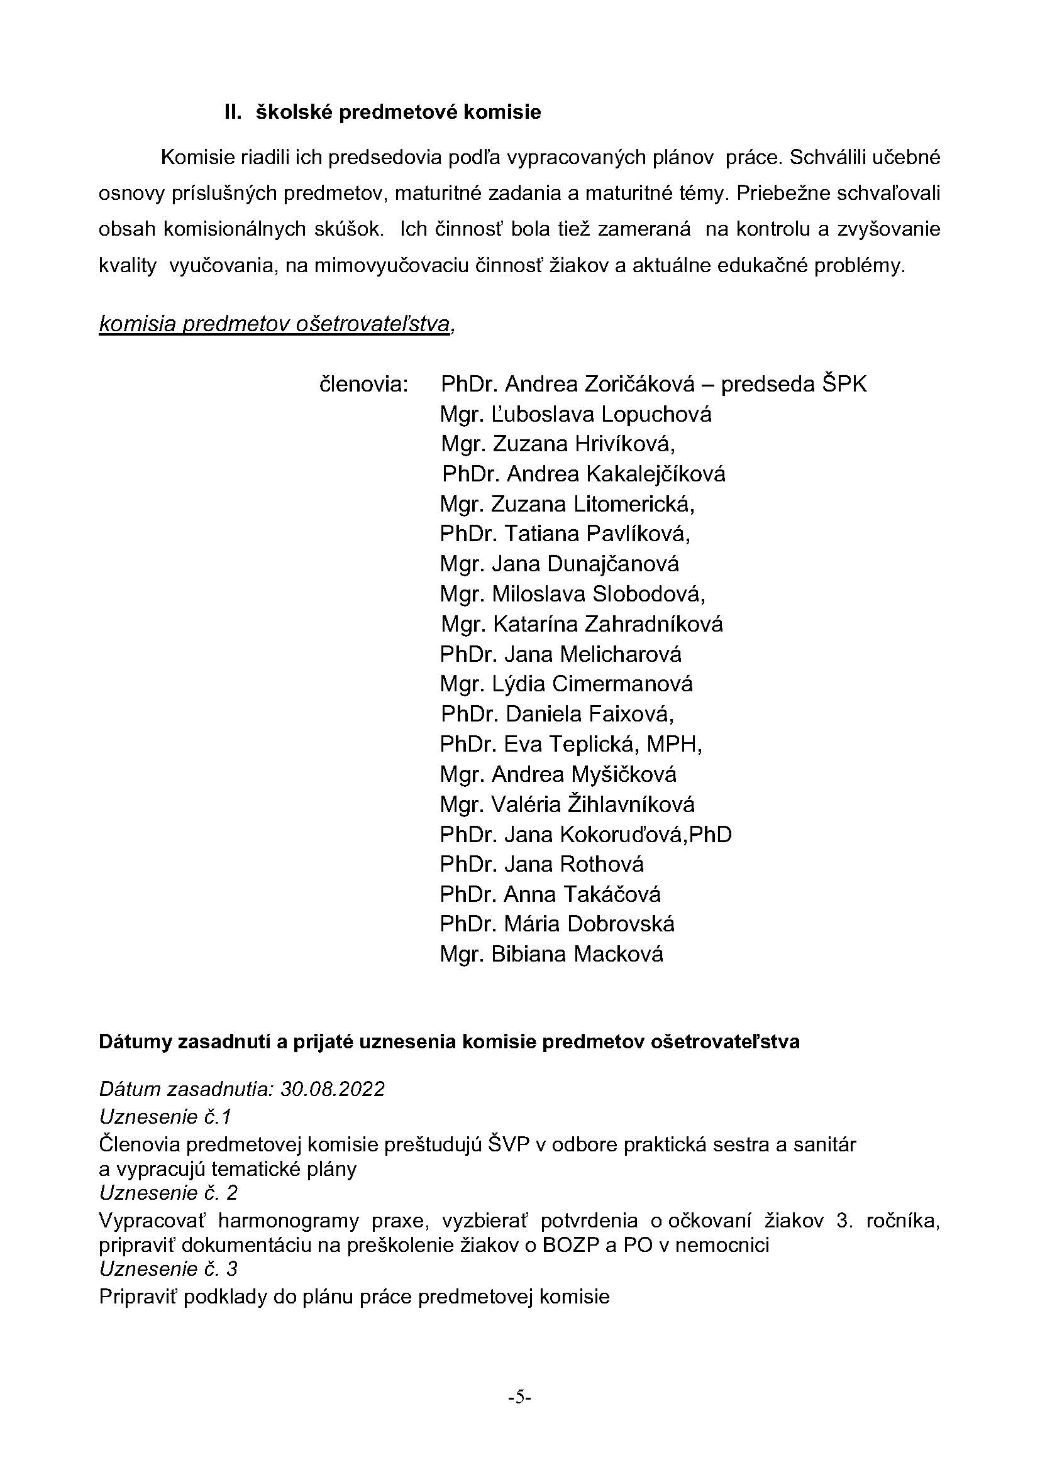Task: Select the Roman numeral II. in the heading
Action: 233,112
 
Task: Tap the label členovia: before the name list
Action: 363,384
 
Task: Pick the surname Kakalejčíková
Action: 656,474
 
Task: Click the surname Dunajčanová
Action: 613,564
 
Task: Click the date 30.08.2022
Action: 333,1089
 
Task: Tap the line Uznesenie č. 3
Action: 169,1268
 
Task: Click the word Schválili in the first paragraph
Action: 826,158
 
